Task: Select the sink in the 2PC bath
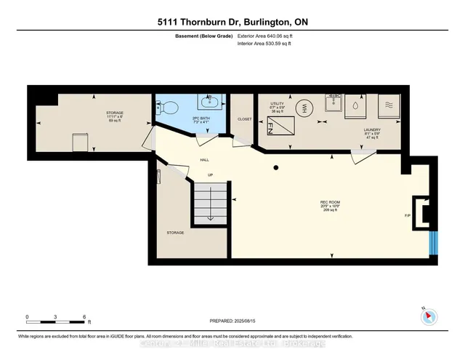coord(209,97)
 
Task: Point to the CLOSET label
coord(244,119)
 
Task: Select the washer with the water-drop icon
coord(357,105)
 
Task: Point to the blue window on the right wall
coord(432,242)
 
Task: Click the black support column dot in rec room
coord(276,168)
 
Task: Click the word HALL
coord(205,161)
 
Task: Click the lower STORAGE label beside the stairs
coord(175,233)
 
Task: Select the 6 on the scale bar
coord(84,318)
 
